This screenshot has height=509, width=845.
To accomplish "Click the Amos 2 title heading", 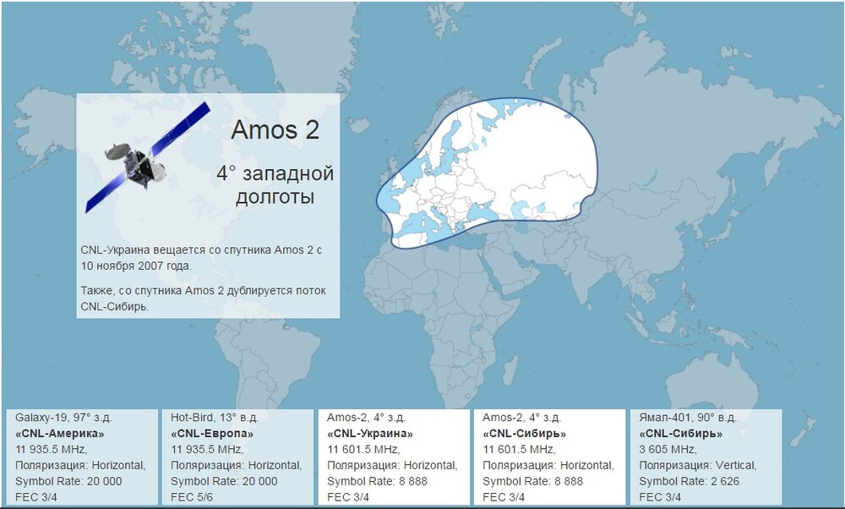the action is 275,130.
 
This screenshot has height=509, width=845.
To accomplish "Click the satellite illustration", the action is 148,157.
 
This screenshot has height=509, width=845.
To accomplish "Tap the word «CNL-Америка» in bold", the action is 60,434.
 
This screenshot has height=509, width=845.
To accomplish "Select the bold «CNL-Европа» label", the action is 212,434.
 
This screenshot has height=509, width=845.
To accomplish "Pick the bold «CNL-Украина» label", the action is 370,434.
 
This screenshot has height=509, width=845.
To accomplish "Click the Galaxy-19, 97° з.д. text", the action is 63,418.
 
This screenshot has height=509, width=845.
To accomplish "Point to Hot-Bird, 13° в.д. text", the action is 215,418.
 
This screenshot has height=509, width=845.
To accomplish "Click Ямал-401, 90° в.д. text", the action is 688,418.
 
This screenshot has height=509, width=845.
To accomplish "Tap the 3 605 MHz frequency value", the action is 668,449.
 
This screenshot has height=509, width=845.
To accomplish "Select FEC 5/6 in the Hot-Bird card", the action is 192,497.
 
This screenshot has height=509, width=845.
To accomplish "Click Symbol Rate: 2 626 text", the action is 690,481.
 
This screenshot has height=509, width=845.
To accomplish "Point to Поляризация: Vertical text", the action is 698,465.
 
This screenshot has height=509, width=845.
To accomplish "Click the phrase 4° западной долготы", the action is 275,185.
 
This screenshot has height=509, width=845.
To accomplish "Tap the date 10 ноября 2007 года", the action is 136,265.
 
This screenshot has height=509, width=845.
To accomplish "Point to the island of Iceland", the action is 358,125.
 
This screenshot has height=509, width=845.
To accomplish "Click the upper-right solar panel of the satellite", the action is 181,129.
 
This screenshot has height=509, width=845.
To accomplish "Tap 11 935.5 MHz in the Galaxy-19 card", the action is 52,449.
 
